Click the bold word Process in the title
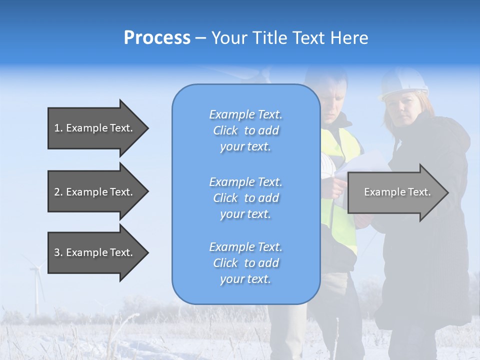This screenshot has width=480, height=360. pyautogui.click(x=157, y=37)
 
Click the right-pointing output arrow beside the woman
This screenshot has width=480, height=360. pyautogui.click(x=397, y=192)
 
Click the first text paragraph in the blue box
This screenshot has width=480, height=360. pyautogui.click(x=245, y=130)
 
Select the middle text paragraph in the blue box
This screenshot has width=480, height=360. pyautogui.click(x=245, y=198)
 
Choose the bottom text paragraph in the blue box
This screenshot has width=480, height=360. pyautogui.click(x=245, y=263)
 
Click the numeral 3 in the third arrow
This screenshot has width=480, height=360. pyautogui.click(x=57, y=253)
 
